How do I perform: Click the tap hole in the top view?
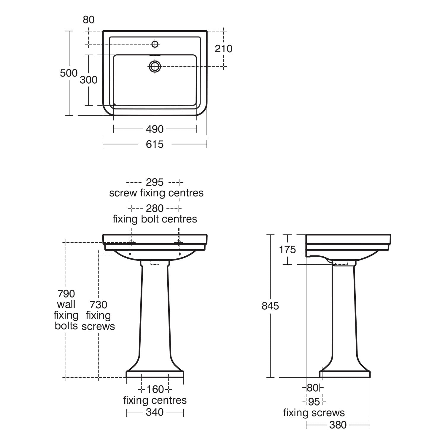155,44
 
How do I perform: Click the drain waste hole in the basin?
155,66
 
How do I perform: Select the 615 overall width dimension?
155,144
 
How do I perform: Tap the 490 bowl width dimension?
155,129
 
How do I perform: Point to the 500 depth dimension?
69,73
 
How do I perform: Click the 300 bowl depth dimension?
89,80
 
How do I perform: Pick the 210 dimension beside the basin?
224,49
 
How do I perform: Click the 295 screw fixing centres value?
155,182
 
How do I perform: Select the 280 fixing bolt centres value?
155,208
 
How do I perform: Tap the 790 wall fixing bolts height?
66,294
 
